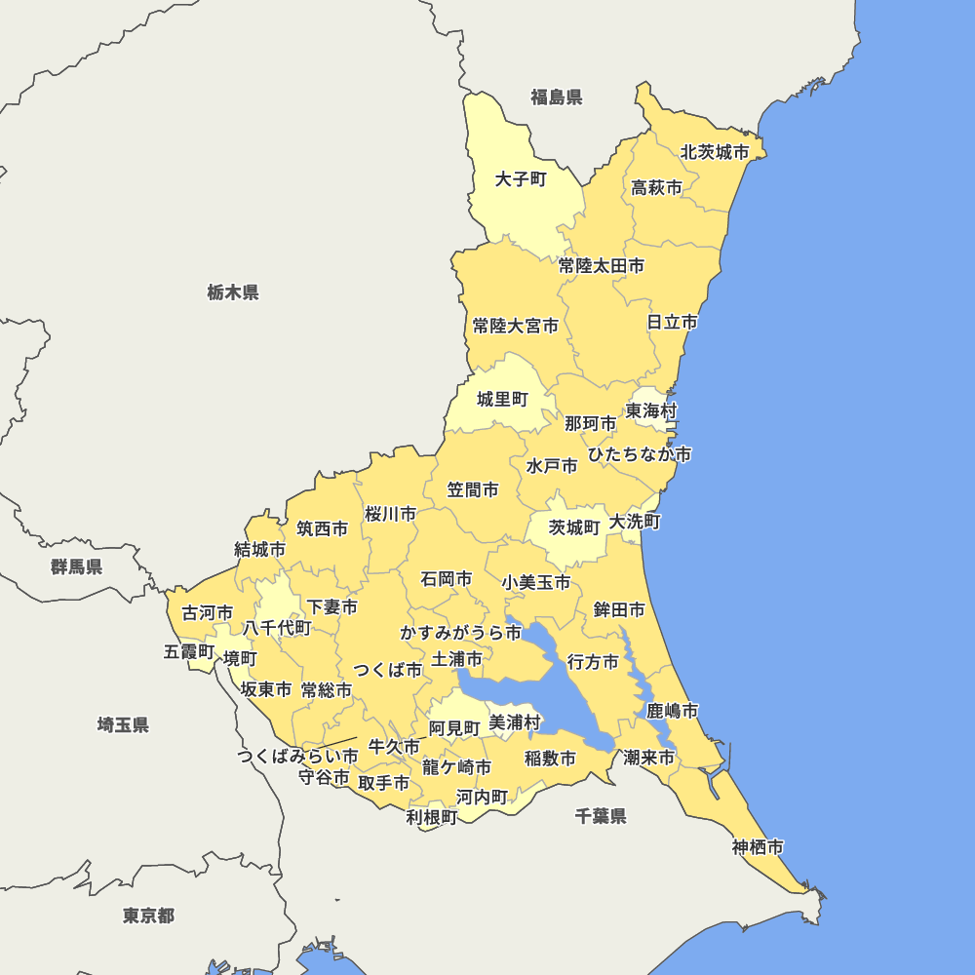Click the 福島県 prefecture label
tap(556, 97)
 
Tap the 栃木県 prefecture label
tap(233, 292)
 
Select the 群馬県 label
tap(77, 566)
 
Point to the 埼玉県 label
tap(123, 724)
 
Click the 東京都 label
tap(148, 916)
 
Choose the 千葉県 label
tap(601, 816)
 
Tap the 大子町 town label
tap(521, 179)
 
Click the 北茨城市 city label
tap(715, 152)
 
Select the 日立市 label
tap(673, 322)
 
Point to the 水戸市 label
tap(552, 466)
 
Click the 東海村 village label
tap(651, 410)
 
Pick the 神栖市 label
tap(758, 847)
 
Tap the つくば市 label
tap(388, 670)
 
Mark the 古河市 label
tap(208, 613)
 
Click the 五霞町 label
tap(189, 651)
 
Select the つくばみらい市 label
tap(297, 756)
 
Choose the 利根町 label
tap(431, 817)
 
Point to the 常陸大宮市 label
tap(516, 326)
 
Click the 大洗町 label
tap(635, 523)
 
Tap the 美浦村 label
tap(515, 722)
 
